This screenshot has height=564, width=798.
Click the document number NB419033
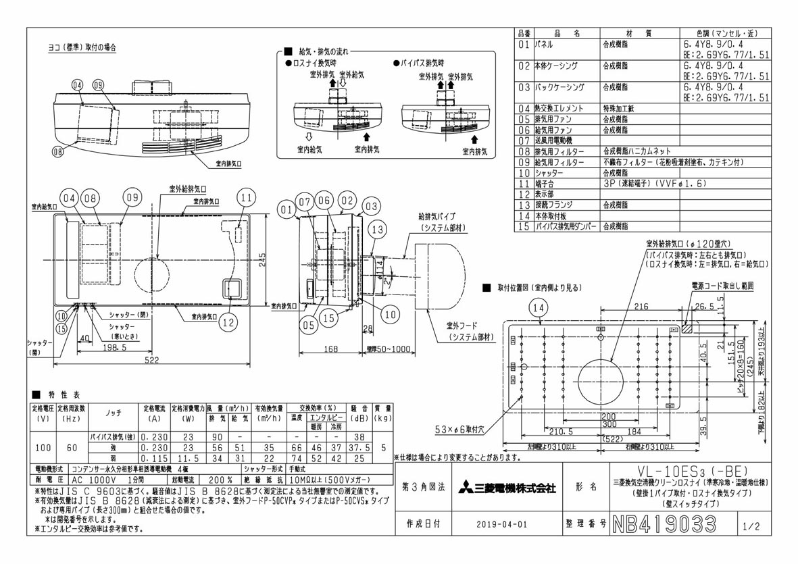pos(663,523)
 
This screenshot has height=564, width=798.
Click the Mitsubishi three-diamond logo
pos(467,488)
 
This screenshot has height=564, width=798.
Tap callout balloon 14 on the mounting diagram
pos(538,308)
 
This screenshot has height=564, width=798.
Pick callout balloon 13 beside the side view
pos(378,228)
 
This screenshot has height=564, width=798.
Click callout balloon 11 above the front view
pos(247,199)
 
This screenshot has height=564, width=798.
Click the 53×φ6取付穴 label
pos(463,428)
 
